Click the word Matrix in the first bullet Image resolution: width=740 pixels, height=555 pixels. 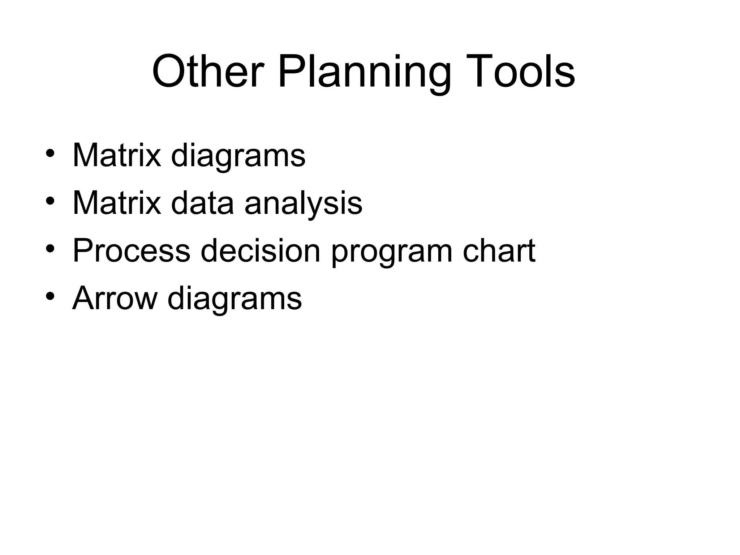pos(117,155)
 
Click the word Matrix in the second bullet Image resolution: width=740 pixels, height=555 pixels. pos(117,203)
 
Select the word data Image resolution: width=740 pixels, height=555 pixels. pos(202,203)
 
